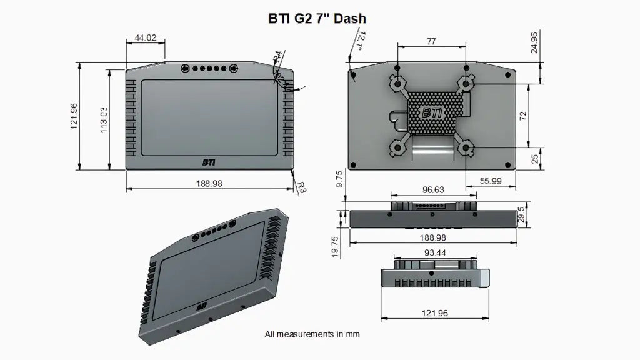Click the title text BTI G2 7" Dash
coord(317,19)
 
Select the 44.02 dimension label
coord(145,38)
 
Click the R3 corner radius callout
coord(301,186)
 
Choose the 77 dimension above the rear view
coord(431,42)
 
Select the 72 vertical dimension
coord(523,116)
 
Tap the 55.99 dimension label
coord(491,181)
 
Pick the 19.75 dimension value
coord(335,247)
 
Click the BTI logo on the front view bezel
coord(209,162)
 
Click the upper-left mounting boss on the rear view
coord(396,82)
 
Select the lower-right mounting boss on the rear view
coord(466,148)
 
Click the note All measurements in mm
coord(312,334)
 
